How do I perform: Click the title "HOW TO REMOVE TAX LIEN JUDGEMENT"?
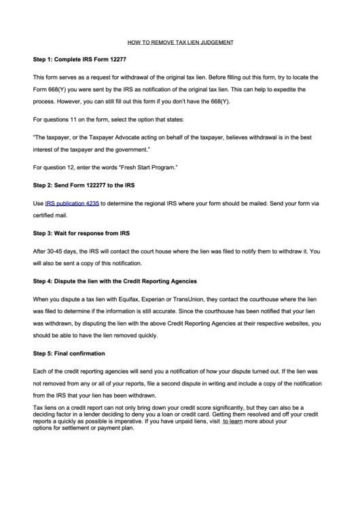point(181,42)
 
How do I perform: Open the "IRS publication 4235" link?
point(72,203)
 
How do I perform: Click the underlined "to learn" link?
point(233,421)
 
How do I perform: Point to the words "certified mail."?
point(52,215)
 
